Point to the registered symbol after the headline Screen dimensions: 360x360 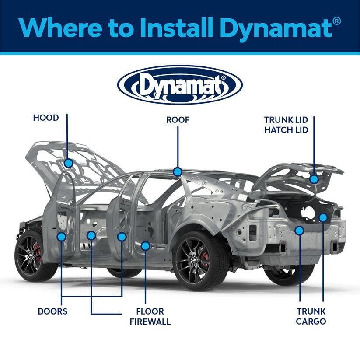pos(337,20)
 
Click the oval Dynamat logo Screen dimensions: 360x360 pos(180,85)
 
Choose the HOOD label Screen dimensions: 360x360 pos(46,118)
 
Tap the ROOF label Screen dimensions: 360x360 pos(178,120)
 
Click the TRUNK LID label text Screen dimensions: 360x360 pos(286,119)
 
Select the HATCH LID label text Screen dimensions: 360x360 pos(286,130)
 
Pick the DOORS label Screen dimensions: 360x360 pos(52,311)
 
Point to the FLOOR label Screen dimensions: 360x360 pos(150,311)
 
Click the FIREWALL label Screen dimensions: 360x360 pos(150,322)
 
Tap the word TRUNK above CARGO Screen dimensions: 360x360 pos(311,311)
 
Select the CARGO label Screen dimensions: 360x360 pos(311,322)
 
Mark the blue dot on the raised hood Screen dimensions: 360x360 pos(68,163)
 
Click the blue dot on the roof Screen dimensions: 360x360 pos(177,172)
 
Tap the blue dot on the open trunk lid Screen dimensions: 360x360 pos(314,179)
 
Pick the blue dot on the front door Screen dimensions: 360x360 pos(61,237)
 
